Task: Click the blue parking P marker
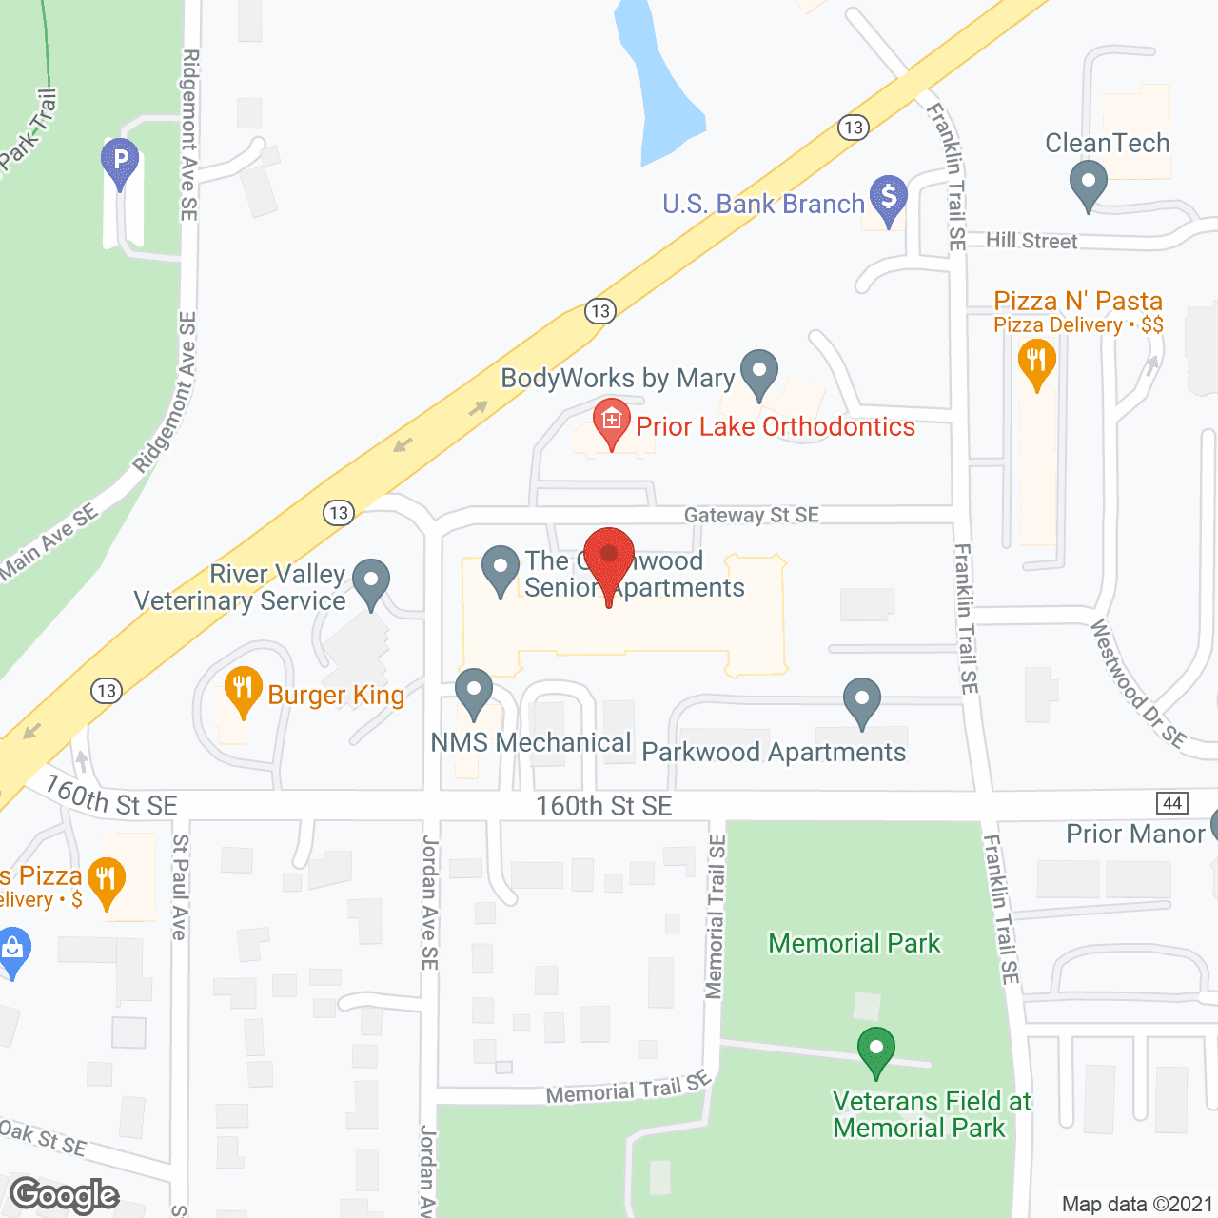coord(120,162)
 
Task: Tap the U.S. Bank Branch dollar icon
coord(888,198)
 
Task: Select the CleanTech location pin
coord(1088,183)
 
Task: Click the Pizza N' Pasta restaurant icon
coord(1036,363)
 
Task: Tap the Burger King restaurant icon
coord(243,690)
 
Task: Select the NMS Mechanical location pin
coord(473,692)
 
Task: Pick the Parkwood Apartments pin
coord(861,700)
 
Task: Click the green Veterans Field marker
coord(875,1050)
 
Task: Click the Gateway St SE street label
coord(751,515)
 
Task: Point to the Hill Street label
coord(1031,241)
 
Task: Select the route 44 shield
coord(1172,802)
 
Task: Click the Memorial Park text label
coord(854,943)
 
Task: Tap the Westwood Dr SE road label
coord(1137,682)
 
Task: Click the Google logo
coord(65,1195)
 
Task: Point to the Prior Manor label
coord(1135,834)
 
